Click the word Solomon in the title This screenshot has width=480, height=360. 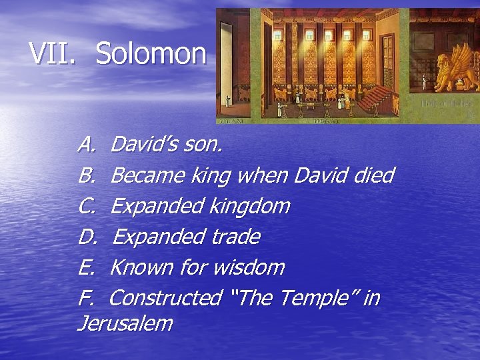(x=151, y=53)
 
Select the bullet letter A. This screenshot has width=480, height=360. (x=87, y=144)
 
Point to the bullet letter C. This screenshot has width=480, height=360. (x=87, y=206)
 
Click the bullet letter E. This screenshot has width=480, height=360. (x=87, y=267)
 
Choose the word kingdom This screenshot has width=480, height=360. (x=250, y=207)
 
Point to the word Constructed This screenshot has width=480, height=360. (x=165, y=298)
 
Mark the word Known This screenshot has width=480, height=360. (x=141, y=267)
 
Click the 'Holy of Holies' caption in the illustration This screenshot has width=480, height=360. (x=447, y=104)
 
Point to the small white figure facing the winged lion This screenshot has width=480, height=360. (x=424, y=83)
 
